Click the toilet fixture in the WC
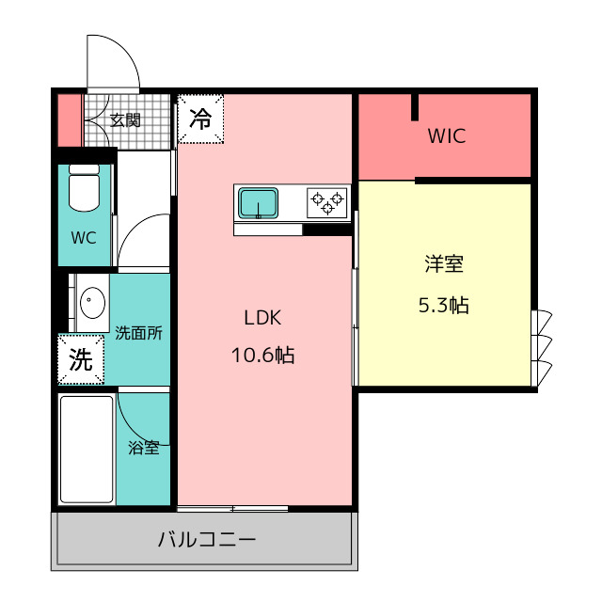click(x=84, y=188)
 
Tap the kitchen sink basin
click(x=258, y=203)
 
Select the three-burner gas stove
click(x=327, y=202)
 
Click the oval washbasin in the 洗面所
click(x=92, y=303)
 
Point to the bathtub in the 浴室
click(x=87, y=450)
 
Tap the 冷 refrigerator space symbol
click(x=200, y=119)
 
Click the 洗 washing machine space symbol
click(x=81, y=359)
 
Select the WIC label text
click(x=447, y=135)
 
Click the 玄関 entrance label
click(x=125, y=120)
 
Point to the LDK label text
click(x=262, y=318)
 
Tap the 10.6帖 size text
click(x=263, y=356)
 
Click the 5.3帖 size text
click(x=443, y=306)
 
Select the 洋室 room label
click(x=444, y=264)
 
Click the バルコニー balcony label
click(x=207, y=540)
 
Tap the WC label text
click(x=84, y=238)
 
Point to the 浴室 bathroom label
click(x=144, y=448)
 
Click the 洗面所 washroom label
click(x=138, y=333)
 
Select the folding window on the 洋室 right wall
click(x=542, y=348)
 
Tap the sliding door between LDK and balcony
click(x=232, y=509)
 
